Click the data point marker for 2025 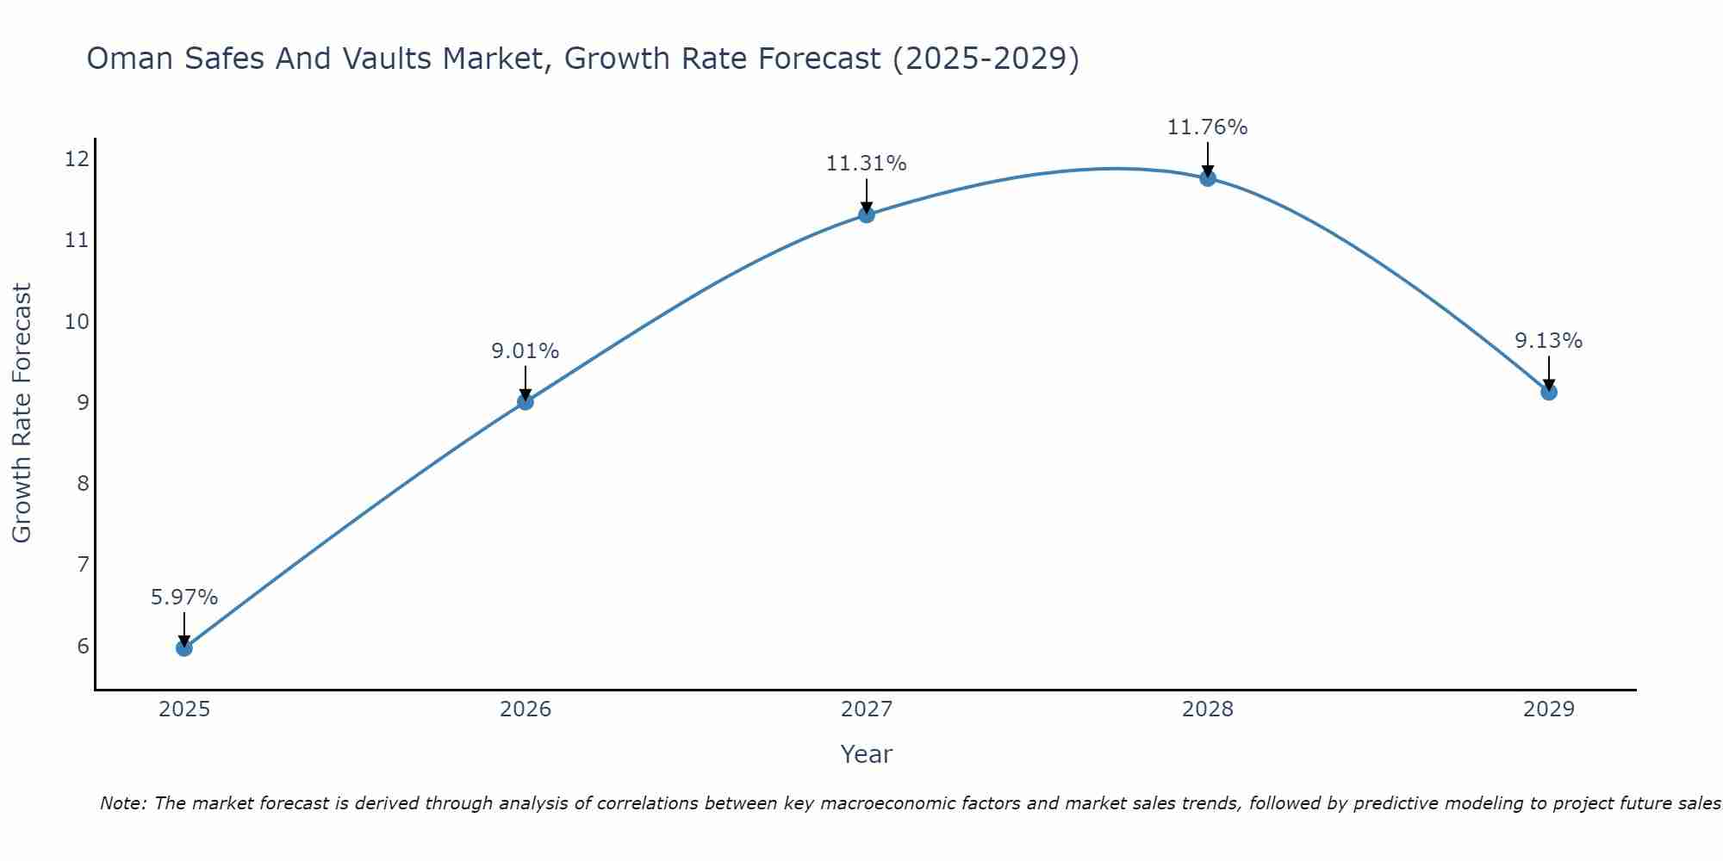pyautogui.click(x=184, y=647)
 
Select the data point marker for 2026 pyautogui.click(x=526, y=401)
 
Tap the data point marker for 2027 pyautogui.click(x=867, y=214)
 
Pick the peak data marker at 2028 pyautogui.click(x=1208, y=178)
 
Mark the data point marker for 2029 pyautogui.click(x=1549, y=392)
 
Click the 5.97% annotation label pyautogui.click(x=184, y=598)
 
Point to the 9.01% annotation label pyautogui.click(x=526, y=351)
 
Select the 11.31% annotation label pyautogui.click(x=867, y=164)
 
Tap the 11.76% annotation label pyautogui.click(x=1208, y=127)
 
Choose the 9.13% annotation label pyautogui.click(x=1549, y=341)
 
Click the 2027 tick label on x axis pyautogui.click(x=867, y=709)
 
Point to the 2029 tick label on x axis pyautogui.click(x=1549, y=709)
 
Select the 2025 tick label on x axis pyautogui.click(x=184, y=709)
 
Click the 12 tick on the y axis pyautogui.click(x=77, y=158)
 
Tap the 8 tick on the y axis pyautogui.click(x=83, y=483)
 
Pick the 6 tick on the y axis pyautogui.click(x=83, y=646)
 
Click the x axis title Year pyautogui.click(x=867, y=754)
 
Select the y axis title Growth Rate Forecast pyautogui.click(x=22, y=413)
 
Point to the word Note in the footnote pyautogui.click(x=123, y=803)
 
